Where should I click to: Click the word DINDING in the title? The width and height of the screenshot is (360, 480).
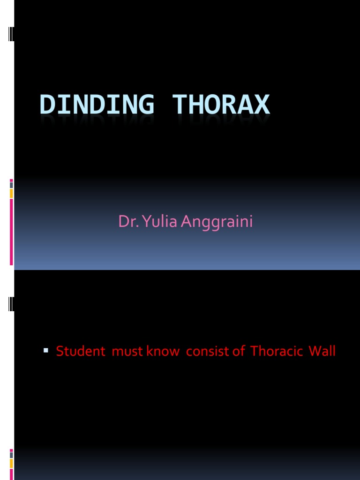(x=97, y=105)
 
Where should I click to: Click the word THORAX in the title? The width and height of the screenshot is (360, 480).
(x=221, y=105)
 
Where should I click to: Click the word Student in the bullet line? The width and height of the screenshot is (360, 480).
(x=81, y=351)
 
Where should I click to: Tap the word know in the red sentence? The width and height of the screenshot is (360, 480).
(x=164, y=351)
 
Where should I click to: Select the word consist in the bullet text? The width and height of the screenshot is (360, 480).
(x=205, y=351)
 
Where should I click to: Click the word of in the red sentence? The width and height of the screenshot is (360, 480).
(x=238, y=351)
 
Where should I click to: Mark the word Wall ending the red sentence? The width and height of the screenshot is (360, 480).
(x=322, y=351)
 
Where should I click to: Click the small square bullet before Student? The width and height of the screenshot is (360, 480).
(x=46, y=350)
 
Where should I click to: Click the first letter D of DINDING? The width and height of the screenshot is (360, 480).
(x=47, y=105)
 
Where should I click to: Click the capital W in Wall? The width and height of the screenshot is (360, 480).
(x=314, y=351)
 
